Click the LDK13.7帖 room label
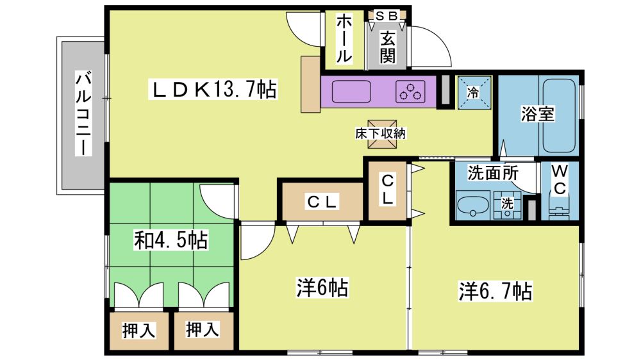[x=213, y=89]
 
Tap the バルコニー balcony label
[x=83, y=113]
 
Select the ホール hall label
[x=344, y=39]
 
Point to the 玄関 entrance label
[x=387, y=47]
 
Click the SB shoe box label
[x=387, y=16]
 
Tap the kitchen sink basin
[x=351, y=92]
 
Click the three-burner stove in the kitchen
[x=410, y=91]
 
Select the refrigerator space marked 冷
[x=474, y=93]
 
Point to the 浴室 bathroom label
[x=537, y=114]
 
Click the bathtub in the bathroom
[x=559, y=115]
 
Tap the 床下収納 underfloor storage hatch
[x=381, y=134]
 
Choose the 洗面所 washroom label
[x=493, y=173]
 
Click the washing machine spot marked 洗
[x=507, y=206]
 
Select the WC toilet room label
[x=559, y=180]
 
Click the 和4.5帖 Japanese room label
[x=171, y=240]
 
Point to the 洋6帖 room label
[x=322, y=288]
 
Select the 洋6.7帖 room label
[x=495, y=291]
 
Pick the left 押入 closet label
[x=139, y=331]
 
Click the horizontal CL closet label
[x=322, y=202]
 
